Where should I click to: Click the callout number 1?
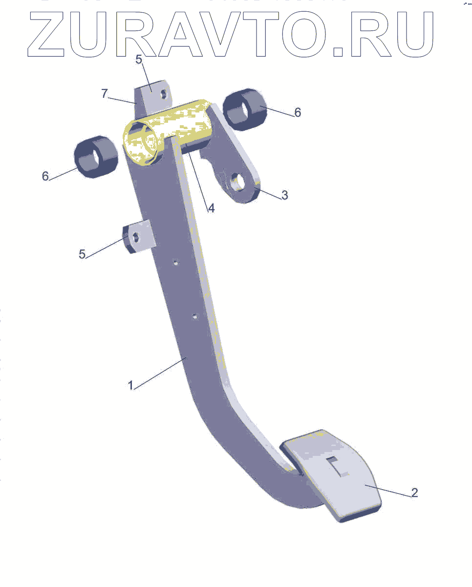130,385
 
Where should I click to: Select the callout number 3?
284,195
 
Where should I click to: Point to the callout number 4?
211,208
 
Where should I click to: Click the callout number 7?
105,93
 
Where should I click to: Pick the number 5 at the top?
139,60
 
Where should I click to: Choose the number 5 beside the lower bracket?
82,254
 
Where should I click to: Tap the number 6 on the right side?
298,113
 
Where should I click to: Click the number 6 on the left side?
45,176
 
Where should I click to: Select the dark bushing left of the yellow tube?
96,157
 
